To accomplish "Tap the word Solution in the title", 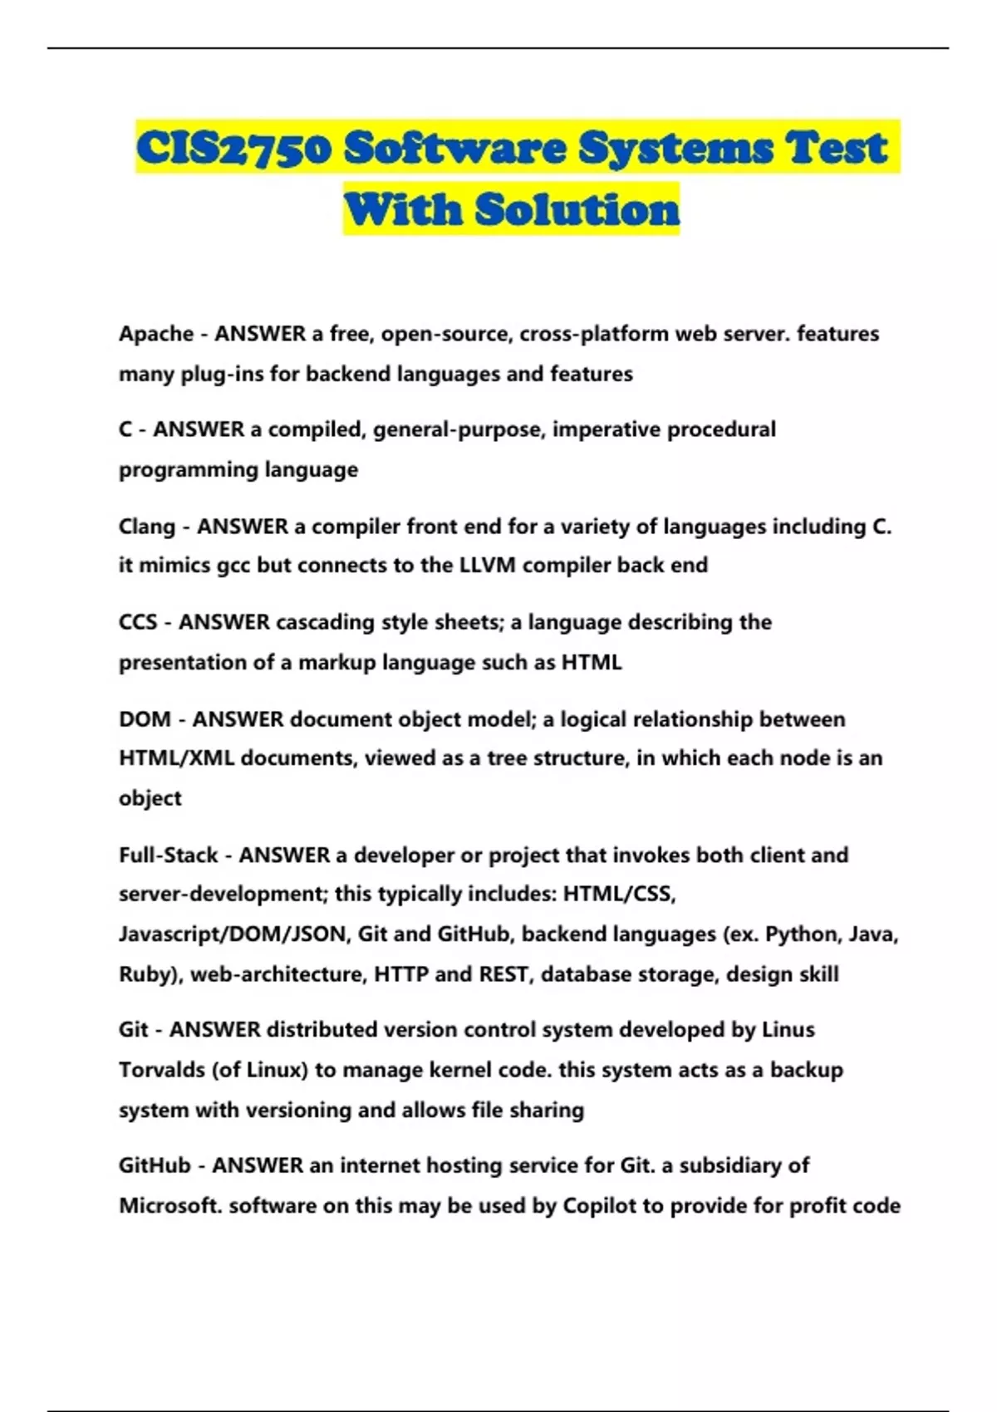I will coord(577,209).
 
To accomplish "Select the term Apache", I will coord(156,334).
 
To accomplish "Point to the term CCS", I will coord(138,622).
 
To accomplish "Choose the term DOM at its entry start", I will coord(145,719).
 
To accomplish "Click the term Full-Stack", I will coord(168,855).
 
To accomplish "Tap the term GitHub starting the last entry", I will coord(155,1165).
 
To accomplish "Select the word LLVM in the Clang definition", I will coord(488,566).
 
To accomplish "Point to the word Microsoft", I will coord(170,1205).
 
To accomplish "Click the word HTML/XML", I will coord(176,758).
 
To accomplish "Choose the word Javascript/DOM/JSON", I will coord(233,934).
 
